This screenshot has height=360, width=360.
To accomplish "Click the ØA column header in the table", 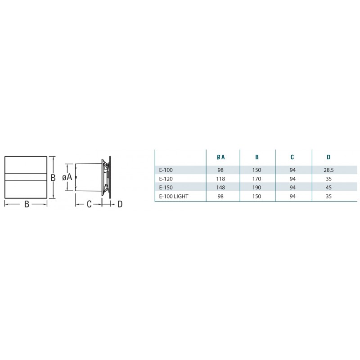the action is tap(220, 157).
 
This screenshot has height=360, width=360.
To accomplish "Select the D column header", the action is tap(328, 157).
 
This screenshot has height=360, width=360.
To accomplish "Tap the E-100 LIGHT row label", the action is tap(174, 196).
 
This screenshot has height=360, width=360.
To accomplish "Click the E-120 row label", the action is tap(166, 179).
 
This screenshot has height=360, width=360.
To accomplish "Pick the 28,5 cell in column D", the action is tap(328, 170).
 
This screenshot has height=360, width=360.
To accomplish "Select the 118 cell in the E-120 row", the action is tap(220, 179).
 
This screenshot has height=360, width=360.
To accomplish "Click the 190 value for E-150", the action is tap(256, 188).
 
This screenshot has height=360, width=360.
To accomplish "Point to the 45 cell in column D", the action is tap(328, 188).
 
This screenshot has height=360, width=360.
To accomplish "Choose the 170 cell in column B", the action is tap(256, 179).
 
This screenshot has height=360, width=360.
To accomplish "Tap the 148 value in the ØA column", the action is tap(220, 188).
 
